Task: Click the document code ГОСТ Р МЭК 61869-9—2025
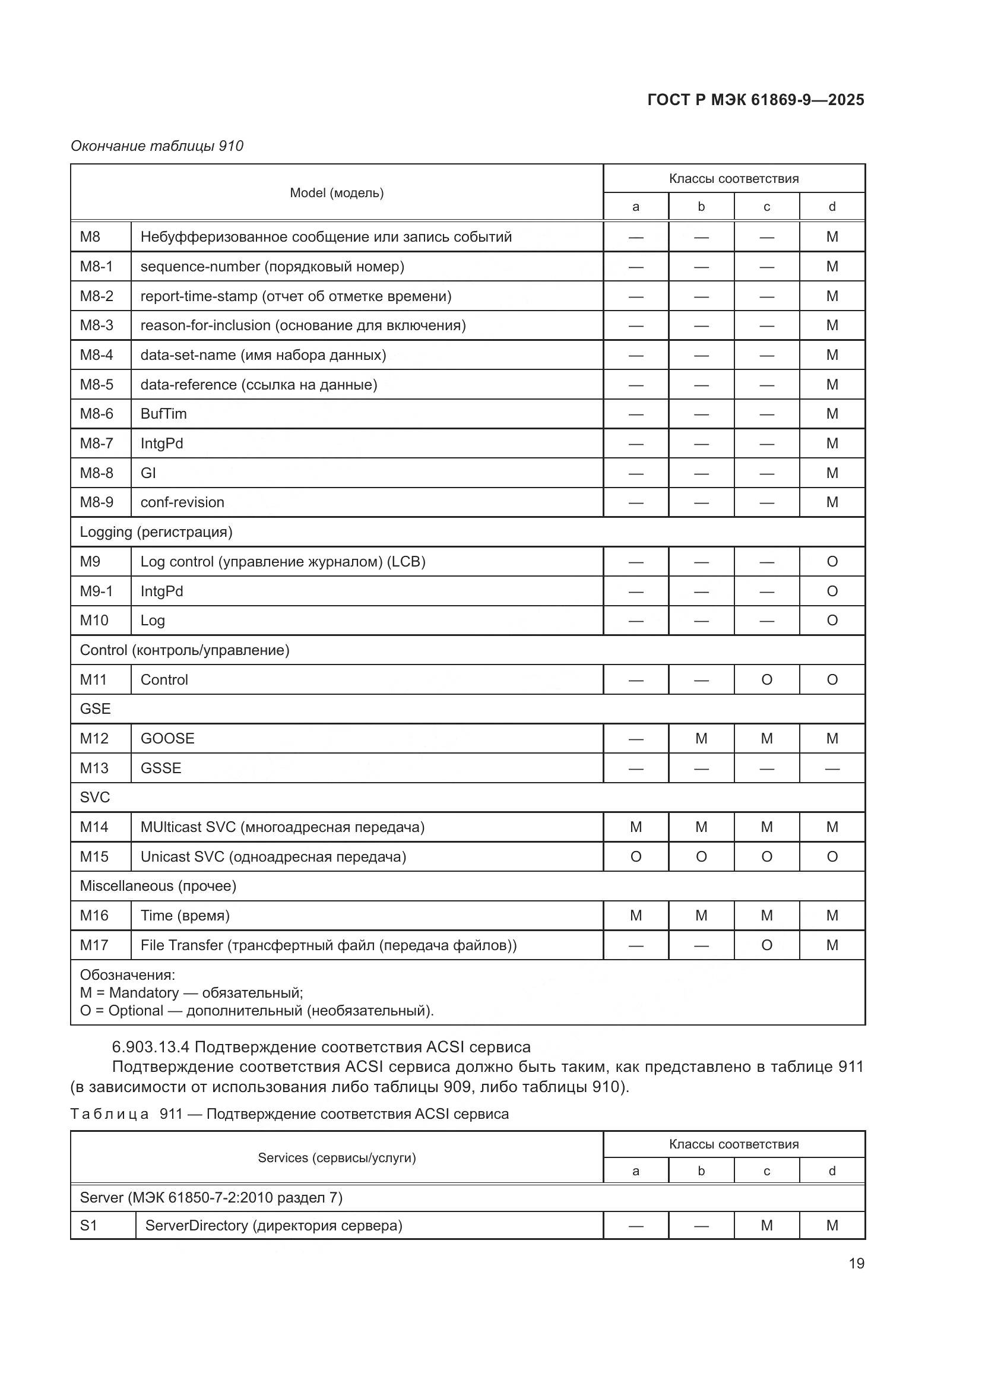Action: pyautogui.click(x=755, y=100)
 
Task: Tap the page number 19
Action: pyautogui.click(x=856, y=1263)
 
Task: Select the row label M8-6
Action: pyautogui.click(x=97, y=414)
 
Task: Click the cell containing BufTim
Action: pyautogui.click(x=164, y=414)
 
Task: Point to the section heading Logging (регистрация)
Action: pyautogui.click(x=156, y=531)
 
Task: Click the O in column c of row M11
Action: pyautogui.click(x=766, y=679)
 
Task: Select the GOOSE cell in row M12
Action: pyautogui.click(x=167, y=738)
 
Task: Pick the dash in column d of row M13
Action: pyautogui.click(x=832, y=768)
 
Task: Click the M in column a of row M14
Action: pyautogui.click(x=635, y=827)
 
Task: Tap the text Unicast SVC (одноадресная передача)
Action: pyautogui.click(x=273, y=857)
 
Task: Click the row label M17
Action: pyautogui.click(x=94, y=945)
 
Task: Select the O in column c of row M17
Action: pyautogui.click(x=766, y=945)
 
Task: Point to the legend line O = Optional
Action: pyautogui.click(x=256, y=1010)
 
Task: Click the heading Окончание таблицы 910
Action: pyautogui.click(x=157, y=146)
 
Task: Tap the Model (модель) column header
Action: pyautogui.click(x=337, y=192)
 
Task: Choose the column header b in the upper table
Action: pyautogui.click(x=701, y=207)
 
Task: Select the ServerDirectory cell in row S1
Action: pyautogui.click(x=273, y=1225)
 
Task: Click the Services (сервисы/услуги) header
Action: pyautogui.click(x=337, y=1157)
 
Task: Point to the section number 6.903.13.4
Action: pyautogui.click(x=151, y=1047)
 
